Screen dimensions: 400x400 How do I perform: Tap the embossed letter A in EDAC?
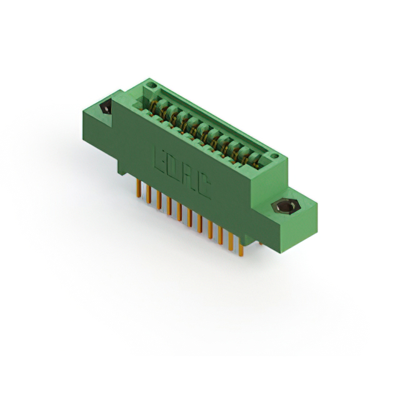pyautogui.click(x=187, y=176)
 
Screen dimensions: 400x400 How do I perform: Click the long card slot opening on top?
pyautogui.click(x=206, y=125)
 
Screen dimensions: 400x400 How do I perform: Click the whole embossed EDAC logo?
pyautogui.click(x=180, y=172)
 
